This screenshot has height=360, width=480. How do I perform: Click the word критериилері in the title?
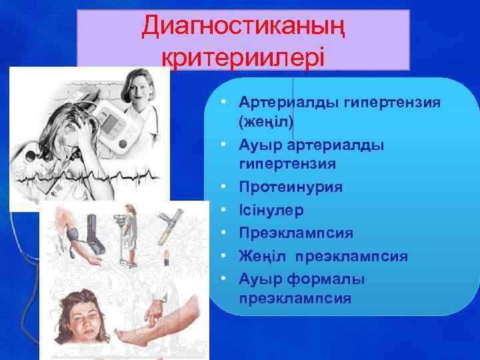click(x=243, y=57)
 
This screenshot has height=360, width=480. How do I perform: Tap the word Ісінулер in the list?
click(x=271, y=211)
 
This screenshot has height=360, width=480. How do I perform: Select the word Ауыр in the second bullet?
click(x=261, y=145)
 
